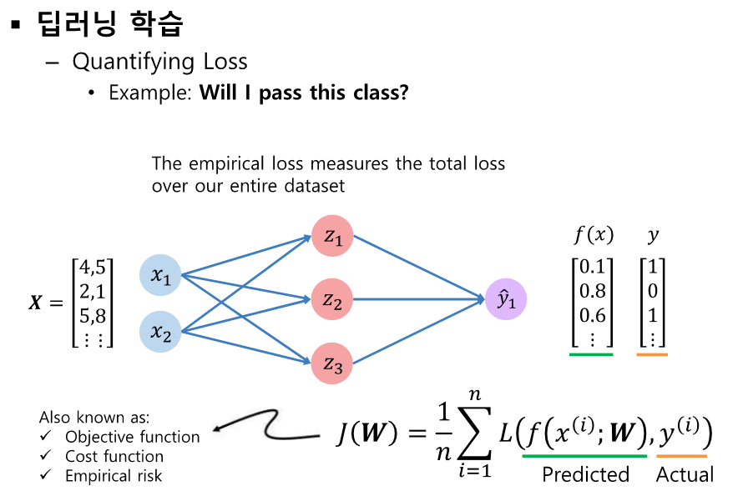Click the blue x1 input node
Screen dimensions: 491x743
click(161, 276)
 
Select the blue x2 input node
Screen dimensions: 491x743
click(161, 331)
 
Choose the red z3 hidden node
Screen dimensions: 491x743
click(333, 363)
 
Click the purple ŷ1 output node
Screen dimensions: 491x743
click(506, 299)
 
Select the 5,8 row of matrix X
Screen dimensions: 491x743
click(92, 315)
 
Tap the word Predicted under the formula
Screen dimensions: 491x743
click(585, 474)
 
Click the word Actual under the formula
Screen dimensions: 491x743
click(685, 474)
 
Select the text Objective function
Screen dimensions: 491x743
click(132, 437)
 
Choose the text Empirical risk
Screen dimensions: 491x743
click(114, 476)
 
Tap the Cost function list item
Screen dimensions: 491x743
click(114, 456)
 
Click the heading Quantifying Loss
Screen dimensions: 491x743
click(159, 62)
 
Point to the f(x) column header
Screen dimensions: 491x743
click(593, 235)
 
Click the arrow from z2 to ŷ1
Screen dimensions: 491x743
click(417, 298)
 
